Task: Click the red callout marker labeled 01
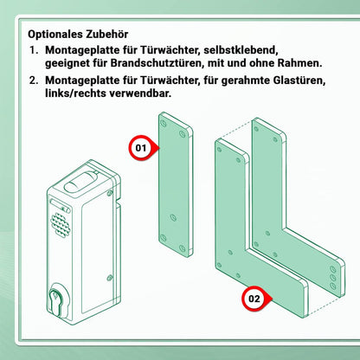coord(143,148)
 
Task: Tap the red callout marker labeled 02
coord(255,299)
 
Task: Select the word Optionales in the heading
coord(55,35)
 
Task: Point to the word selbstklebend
coord(241,50)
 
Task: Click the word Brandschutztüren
coord(157,63)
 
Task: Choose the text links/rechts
coord(75,93)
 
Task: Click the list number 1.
coord(34,50)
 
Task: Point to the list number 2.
coord(34,80)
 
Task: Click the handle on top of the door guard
coord(81,182)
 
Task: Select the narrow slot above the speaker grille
coord(60,205)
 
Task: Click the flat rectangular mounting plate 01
coord(176,184)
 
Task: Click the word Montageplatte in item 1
coord(82,50)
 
